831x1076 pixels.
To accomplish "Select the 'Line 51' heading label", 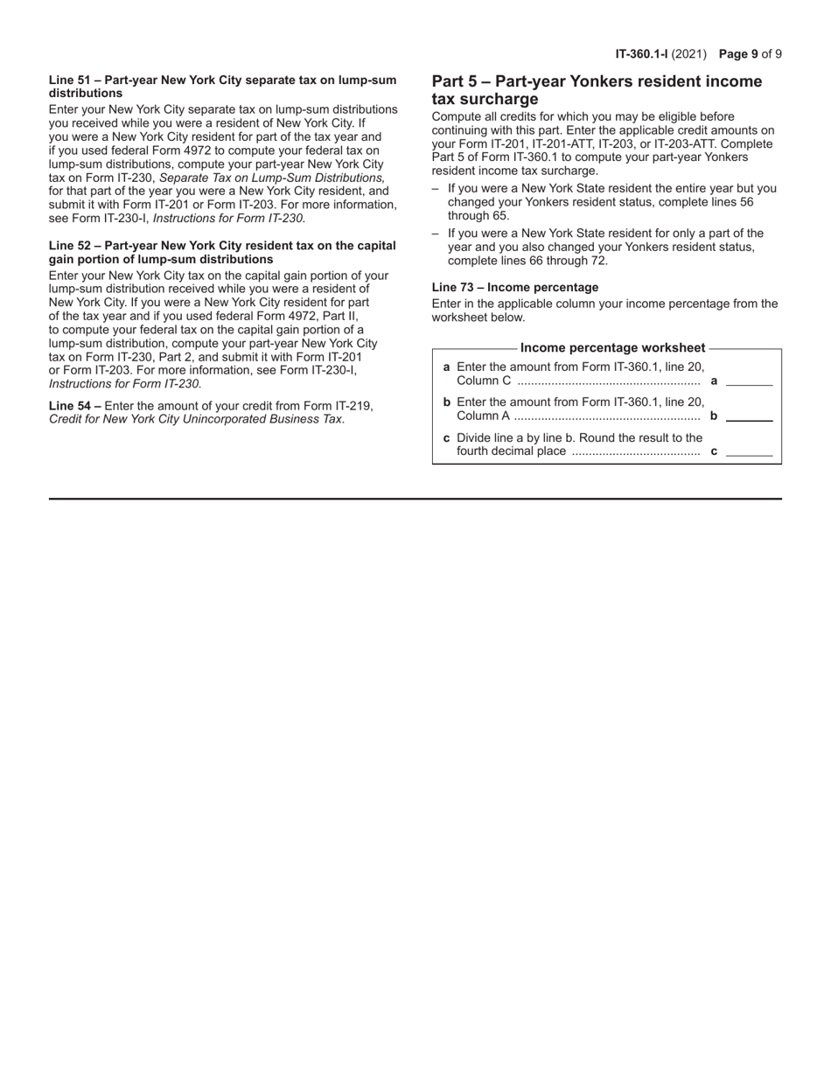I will (x=69, y=80).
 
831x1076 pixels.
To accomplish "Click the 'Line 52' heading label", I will (x=69, y=246).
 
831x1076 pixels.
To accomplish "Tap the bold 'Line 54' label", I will (x=69, y=406).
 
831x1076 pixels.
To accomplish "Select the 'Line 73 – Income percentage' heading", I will (x=515, y=287).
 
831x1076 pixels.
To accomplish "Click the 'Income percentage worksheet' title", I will (x=612, y=348).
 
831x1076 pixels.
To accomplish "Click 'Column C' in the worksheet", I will (x=484, y=381).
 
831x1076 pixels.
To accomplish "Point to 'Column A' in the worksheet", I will (x=484, y=416).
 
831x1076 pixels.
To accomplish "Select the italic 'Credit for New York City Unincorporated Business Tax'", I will (x=196, y=419).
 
